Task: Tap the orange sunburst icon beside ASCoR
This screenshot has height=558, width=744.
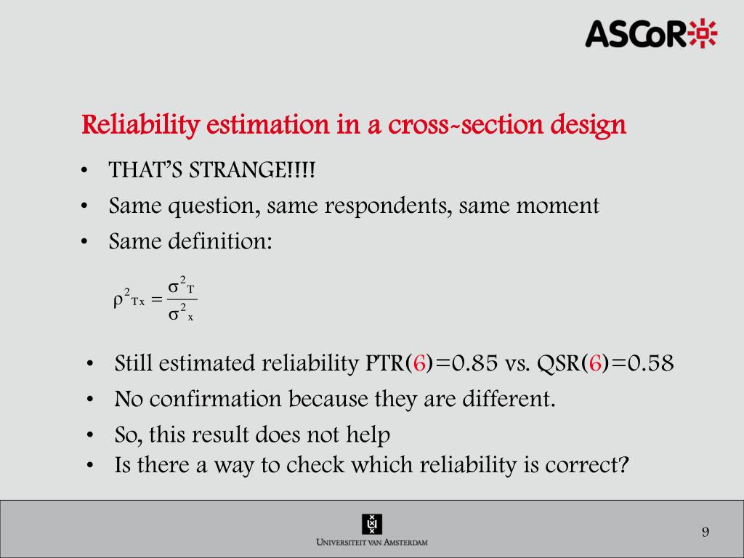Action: (x=703, y=33)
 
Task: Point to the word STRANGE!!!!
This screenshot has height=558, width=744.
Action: (x=253, y=171)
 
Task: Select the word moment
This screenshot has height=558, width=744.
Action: (x=557, y=206)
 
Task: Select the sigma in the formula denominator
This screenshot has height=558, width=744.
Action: (x=174, y=315)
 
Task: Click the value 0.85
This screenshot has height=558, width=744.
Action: (x=477, y=363)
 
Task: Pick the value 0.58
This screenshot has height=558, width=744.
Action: (x=649, y=363)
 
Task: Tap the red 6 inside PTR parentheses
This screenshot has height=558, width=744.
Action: (x=418, y=363)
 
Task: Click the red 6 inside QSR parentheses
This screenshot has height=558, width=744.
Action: (x=595, y=363)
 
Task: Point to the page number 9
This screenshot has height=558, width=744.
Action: (x=705, y=533)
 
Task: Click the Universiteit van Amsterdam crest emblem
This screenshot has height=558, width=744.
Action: (x=372, y=524)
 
